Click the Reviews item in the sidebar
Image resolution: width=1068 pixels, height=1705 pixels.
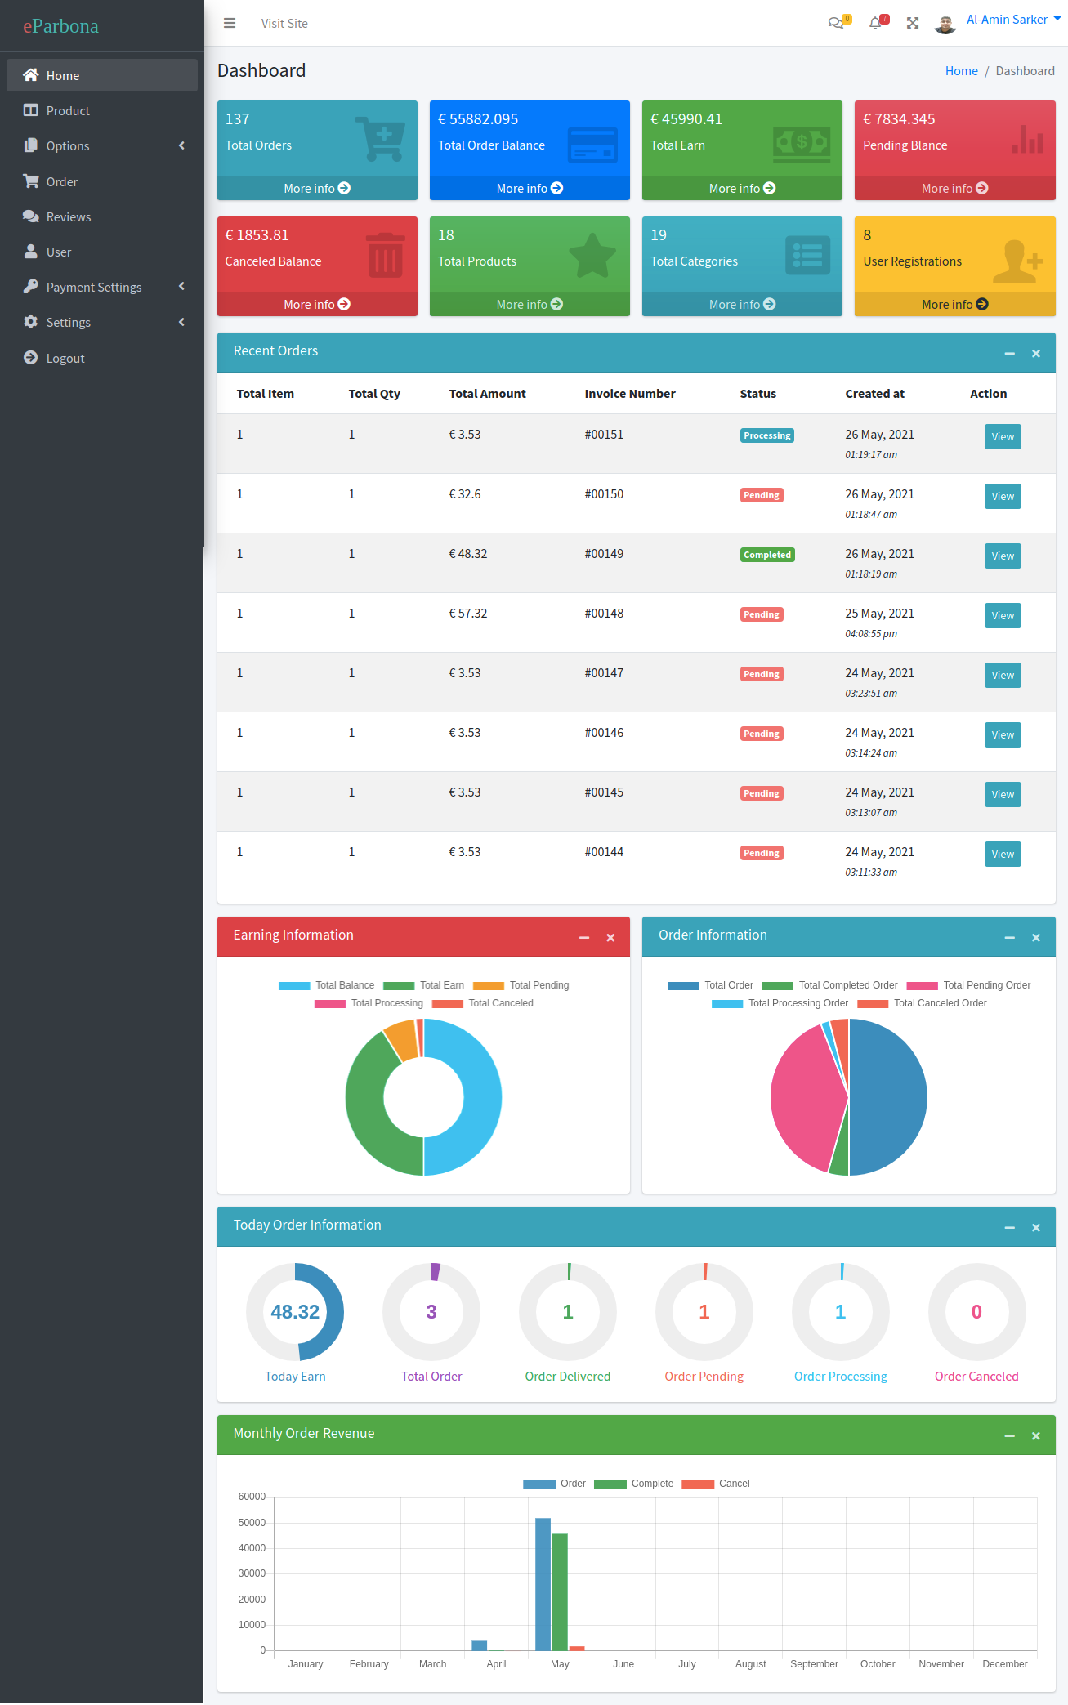pyautogui.click(x=68, y=216)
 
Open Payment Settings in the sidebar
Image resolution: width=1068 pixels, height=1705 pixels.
pyautogui.click(x=93, y=287)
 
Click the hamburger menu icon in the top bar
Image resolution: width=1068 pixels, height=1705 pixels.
pyautogui.click(x=230, y=23)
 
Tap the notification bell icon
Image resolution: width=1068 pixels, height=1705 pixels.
pyautogui.click(x=875, y=23)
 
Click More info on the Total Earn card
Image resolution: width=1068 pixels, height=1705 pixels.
pyautogui.click(x=741, y=189)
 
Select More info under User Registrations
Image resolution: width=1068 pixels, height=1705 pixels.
pyautogui.click(x=954, y=305)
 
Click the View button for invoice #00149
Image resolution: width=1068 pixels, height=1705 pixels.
pyautogui.click(x=1002, y=556)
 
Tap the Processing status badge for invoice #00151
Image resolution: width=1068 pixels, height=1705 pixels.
pyautogui.click(x=766, y=436)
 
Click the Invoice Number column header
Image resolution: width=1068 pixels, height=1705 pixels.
pyautogui.click(x=629, y=394)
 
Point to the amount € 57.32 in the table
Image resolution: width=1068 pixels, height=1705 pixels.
pyautogui.click(x=467, y=614)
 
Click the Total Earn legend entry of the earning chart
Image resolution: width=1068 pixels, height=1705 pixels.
pyautogui.click(x=424, y=985)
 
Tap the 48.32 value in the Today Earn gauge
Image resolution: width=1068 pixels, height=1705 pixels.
pyautogui.click(x=295, y=1312)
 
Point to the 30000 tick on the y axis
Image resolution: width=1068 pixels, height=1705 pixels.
pyautogui.click(x=252, y=1573)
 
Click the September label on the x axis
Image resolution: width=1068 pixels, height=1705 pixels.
pyautogui.click(x=814, y=1664)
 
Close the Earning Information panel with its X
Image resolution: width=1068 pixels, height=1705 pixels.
pyautogui.click(x=610, y=938)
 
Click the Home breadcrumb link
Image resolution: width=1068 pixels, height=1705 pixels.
pyautogui.click(x=961, y=71)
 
